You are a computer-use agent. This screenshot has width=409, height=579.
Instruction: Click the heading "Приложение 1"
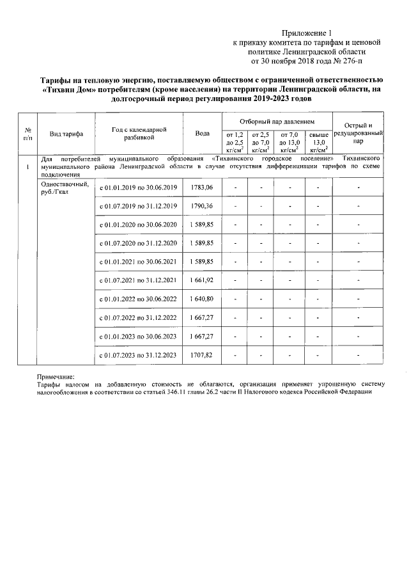(307, 33)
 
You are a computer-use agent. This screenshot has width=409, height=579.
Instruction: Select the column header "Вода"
(202, 133)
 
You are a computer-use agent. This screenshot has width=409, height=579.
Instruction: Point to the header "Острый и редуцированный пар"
(359, 132)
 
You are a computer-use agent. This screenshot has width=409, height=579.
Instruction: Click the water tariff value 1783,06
(201, 187)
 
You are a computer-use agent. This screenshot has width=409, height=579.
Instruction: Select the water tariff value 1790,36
(201, 206)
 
